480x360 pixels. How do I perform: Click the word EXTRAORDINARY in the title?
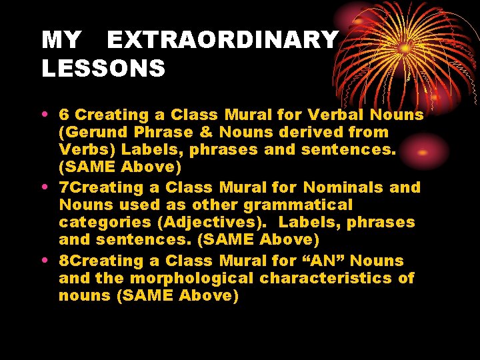[x=222, y=40]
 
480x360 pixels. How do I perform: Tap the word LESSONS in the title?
[x=103, y=68]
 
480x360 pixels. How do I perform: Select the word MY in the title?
[x=61, y=40]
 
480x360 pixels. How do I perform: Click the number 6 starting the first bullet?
[x=64, y=115]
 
